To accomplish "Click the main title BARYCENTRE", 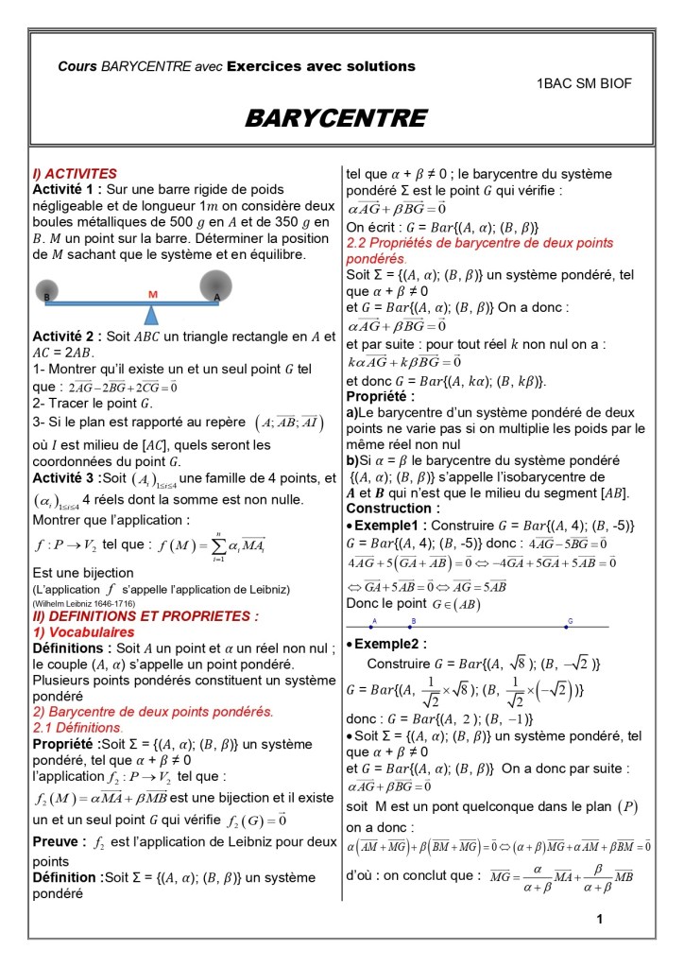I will coord(335,118).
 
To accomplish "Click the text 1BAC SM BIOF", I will coord(584,83).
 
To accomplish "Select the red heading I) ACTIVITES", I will coord(75,174).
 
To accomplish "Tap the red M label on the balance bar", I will coord(152,295).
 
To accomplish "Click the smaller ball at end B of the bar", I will coord(49,290).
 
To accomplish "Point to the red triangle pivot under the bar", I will coord(152,309).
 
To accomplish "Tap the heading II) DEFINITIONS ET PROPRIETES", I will coord(132,615).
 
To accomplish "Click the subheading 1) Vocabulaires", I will coord(80,631).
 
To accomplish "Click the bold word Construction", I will coord(390,508).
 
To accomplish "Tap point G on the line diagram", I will coord(569,627).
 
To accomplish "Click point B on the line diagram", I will coord(411,627).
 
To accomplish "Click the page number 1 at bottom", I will coord(600,919).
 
